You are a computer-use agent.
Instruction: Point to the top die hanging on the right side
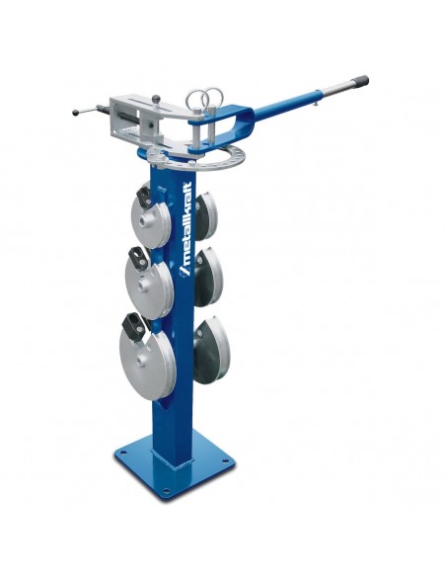(206, 216)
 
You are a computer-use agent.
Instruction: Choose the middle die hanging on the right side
(208, 277)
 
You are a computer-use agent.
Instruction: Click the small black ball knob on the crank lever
(75, 112)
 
